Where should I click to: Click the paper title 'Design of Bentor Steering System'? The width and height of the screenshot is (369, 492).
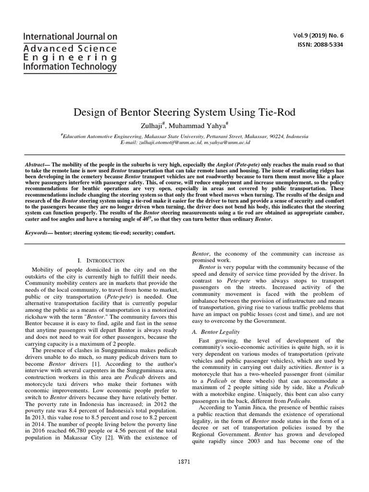pos(184,113)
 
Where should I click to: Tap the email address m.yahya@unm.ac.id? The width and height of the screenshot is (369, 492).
pos(227,143)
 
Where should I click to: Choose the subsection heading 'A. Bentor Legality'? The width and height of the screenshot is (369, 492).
pos(216,332)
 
